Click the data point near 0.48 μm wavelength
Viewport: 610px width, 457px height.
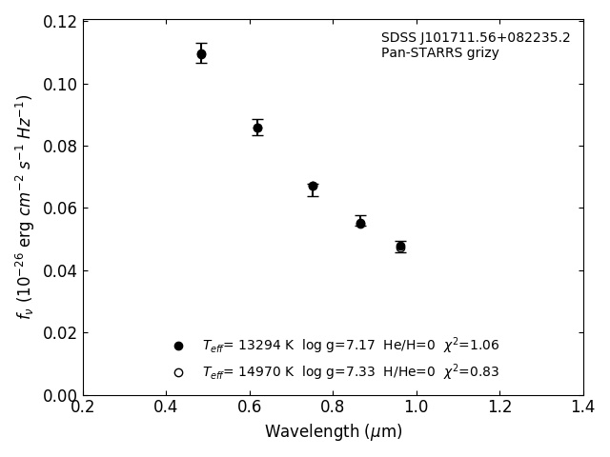[201, 54]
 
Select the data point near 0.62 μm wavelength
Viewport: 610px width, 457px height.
[257, 128]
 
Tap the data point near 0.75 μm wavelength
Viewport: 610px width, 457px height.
[313, 187]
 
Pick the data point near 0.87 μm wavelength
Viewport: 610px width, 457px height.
[360, 223]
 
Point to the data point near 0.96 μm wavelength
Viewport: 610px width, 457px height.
[400, 247]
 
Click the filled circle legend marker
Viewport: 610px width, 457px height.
[178, 346]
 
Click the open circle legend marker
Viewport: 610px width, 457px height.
[178, 372]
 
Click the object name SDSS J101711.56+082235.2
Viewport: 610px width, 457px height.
[476, 38]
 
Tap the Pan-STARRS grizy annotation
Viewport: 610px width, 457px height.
[440, 53]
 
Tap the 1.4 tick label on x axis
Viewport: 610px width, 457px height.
[583, 407]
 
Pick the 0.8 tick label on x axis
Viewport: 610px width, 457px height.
[334, 407]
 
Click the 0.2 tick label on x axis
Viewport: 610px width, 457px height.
[83, 407]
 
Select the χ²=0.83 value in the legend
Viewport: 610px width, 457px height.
[471, 371]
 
